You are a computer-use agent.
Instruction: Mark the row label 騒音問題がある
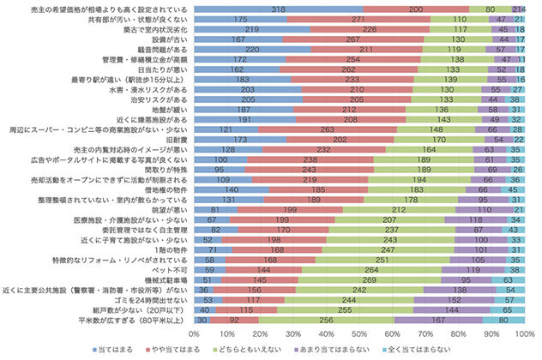pyautogui.click(x=155, y=51)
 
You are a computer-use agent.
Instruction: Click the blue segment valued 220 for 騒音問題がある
pyautogui.click(x=252, y=51)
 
